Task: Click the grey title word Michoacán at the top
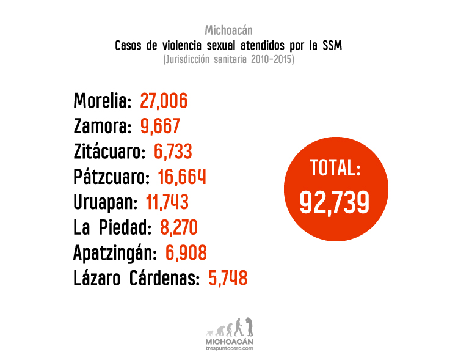228,30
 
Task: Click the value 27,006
164,101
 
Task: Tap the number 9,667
160,127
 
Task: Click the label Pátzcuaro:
111,177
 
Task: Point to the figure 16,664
181,177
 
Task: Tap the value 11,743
167,202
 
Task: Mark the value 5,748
228,279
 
